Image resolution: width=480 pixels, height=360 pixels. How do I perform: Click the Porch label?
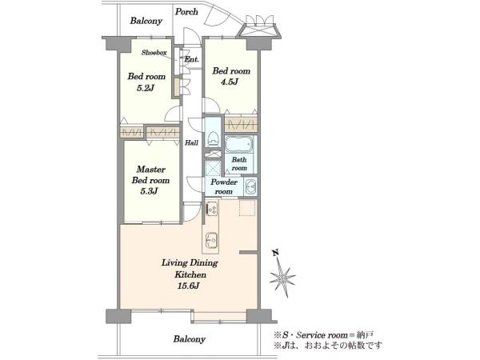click(x=186, y=12)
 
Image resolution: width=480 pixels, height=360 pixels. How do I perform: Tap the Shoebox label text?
click(x=154, y=53)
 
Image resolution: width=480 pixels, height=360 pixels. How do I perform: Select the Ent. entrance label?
click(x=191, y=59)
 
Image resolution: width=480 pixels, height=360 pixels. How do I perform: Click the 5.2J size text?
click(x=145, y=88)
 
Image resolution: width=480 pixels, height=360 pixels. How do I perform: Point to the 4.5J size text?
click(x=230, y=82)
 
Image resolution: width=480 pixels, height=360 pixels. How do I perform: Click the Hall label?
click(x=191, y=142)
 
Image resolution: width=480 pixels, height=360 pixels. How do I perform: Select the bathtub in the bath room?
click(x=239, y=144)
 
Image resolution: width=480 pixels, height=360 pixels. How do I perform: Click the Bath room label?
click(x=239, y=164)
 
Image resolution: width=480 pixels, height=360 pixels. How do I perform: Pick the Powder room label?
click(x=224, y=186)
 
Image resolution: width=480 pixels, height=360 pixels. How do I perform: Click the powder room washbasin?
click(x=250, y=186)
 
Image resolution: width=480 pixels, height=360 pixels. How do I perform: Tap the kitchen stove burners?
click(x=212, y=209)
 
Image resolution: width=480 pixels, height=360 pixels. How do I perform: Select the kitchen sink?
click(x=211, y=240)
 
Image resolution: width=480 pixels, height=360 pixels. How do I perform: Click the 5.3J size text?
click(x=149, y=191)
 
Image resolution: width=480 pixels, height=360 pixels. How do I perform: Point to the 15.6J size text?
click(x=188, y=286)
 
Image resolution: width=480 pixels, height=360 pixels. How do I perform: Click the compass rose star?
click(x=282, y=278)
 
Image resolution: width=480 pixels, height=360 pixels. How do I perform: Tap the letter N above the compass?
click(x=275, y=253)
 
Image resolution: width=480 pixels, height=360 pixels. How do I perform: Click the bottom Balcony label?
click(x=189, y=339)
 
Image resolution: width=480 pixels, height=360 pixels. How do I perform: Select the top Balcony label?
click(x=146, y=21)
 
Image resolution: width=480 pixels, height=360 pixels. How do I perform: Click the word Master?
click(x=151, y=170)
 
